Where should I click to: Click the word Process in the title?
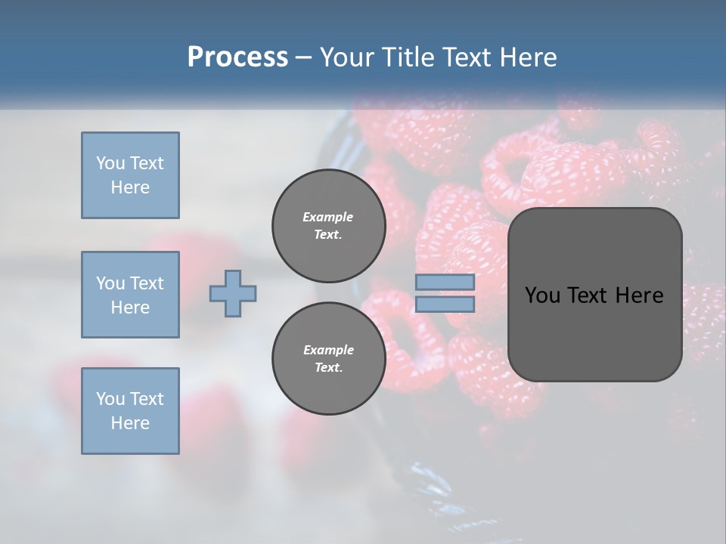237,57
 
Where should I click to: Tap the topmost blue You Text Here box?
130,175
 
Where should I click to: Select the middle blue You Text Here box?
130,295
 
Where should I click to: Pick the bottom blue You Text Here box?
130,411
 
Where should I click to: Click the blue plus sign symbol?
233,293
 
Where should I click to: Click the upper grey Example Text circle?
328,226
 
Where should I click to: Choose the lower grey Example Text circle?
328,359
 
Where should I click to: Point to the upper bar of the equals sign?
445,282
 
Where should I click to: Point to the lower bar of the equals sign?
445,304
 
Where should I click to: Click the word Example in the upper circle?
328,217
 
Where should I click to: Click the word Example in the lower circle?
328,350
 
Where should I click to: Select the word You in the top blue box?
110,163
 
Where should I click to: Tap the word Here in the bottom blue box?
130,423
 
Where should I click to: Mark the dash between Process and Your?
304,57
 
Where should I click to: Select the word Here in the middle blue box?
130,308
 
